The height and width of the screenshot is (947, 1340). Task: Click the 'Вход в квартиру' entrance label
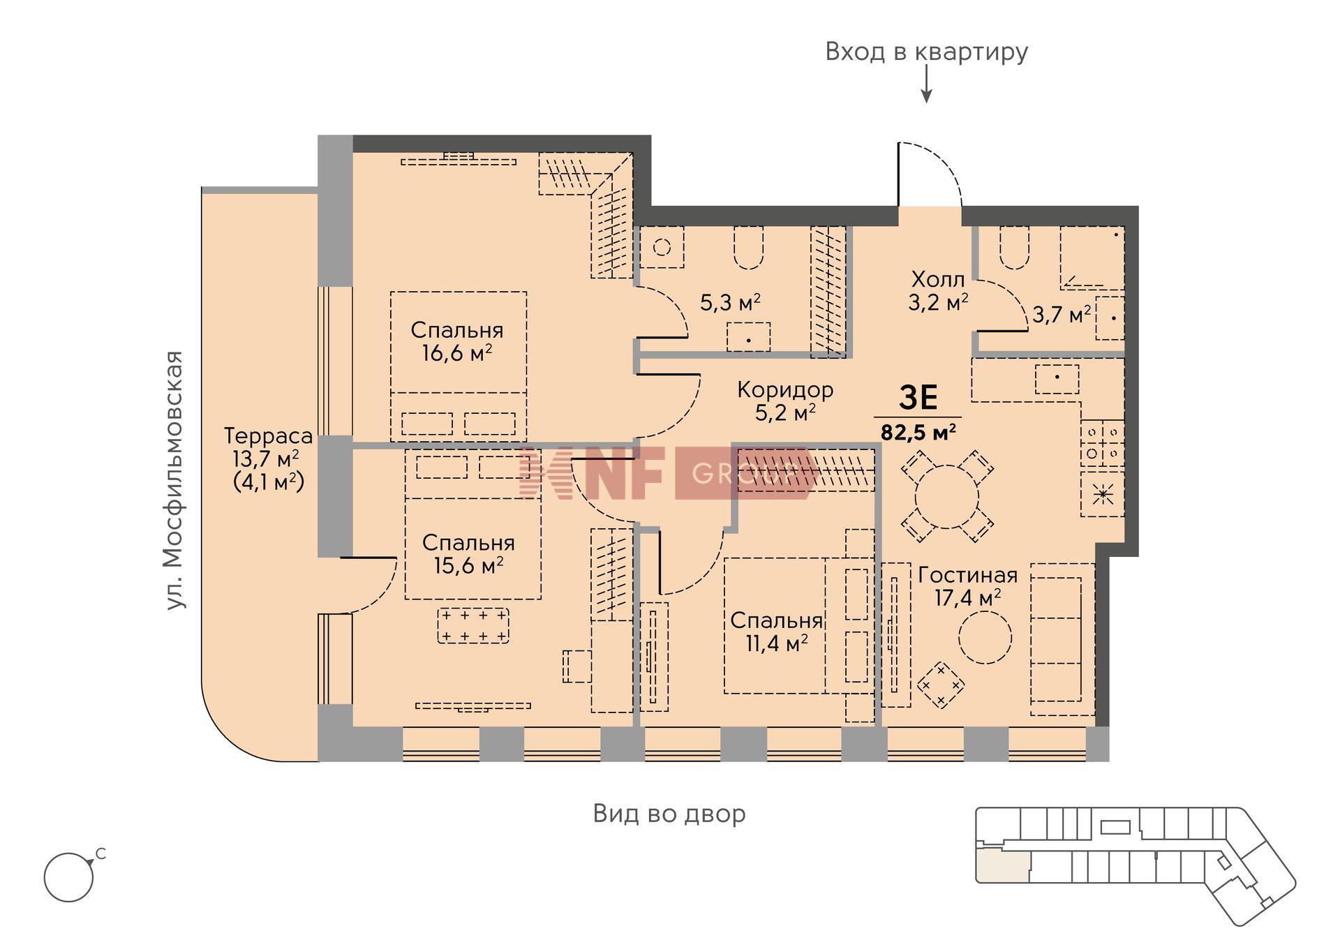[x=926, y=52]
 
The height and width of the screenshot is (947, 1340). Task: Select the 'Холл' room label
[x=938, y=280]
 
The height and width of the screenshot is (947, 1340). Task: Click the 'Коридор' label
[x=785, y=389]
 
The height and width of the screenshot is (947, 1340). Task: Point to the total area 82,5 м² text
[x=918, y=432]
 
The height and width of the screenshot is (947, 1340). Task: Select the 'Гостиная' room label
[x=967, y=575]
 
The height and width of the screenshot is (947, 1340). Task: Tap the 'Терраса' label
[x=268, y=436]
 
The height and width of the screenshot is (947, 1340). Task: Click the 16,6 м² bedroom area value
[x=457, y=353]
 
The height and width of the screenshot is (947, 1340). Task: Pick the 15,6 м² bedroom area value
[x=468, y=565]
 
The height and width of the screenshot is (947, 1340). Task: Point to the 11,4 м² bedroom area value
[x=777, y=643]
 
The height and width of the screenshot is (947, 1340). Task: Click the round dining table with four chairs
[x=947, y=496]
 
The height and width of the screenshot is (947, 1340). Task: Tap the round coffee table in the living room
[x=985, y=637]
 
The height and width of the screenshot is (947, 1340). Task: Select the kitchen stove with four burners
[x=1103, y=443]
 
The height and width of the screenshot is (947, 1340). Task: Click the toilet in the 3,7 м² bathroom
[x=1015, y=248]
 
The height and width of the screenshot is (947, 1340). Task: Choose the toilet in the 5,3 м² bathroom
[x=748, y=248]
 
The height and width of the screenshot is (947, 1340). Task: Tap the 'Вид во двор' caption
[x=669, y=814]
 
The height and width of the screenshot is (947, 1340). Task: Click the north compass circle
[x=68, y=877]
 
